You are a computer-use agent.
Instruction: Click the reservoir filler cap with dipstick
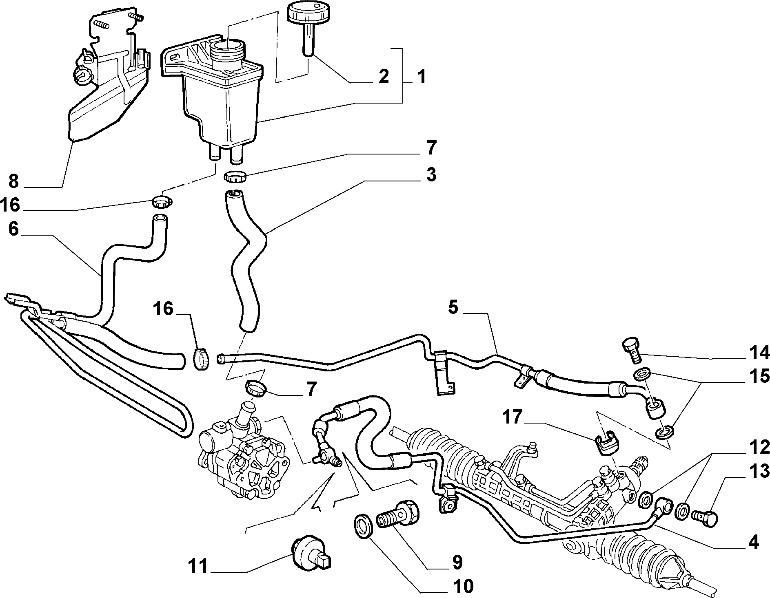click(x=307, y=24)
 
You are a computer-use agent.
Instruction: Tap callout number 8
click(x=14, y=181)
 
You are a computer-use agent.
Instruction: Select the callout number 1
click(x=421, y=76)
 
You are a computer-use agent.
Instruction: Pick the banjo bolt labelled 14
click(x=631, y=350)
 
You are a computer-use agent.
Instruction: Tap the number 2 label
click(x=383, y=76)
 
